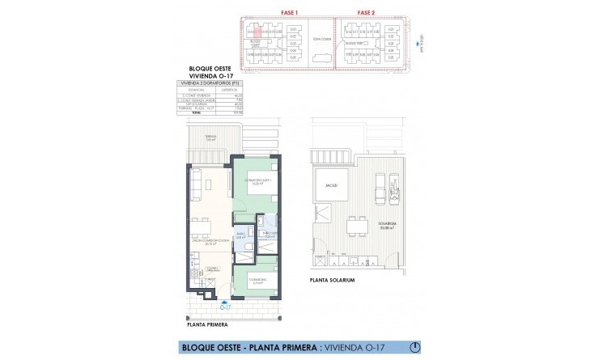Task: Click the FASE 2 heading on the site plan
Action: point(365,14)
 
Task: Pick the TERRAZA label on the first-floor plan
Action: point(212,138)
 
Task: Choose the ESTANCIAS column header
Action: point(194,91)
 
